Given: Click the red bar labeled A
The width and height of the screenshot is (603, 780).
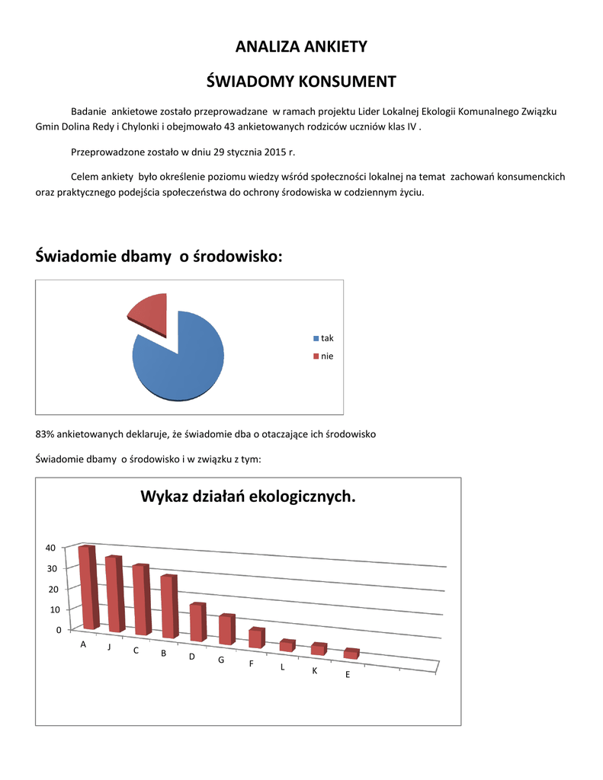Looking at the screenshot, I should (x=88, y=587).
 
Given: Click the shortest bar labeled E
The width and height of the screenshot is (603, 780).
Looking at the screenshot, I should (x=351, y=654).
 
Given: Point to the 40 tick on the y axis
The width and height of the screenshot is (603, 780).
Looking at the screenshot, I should (x=50, y=548).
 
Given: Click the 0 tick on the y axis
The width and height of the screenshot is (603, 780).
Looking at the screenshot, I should (x=56, y=631).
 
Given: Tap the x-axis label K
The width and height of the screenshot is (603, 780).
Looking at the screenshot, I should (x=314, y=671).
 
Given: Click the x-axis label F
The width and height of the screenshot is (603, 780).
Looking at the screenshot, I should (x=251, y=663).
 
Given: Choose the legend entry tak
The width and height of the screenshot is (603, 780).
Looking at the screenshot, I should (x=326, y=338).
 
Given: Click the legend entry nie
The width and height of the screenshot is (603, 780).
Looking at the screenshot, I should (x=326, y=356).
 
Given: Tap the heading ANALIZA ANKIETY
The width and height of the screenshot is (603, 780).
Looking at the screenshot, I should (x=301, y=47).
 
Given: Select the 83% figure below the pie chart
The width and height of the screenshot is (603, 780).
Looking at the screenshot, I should (x=45, y=434).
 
